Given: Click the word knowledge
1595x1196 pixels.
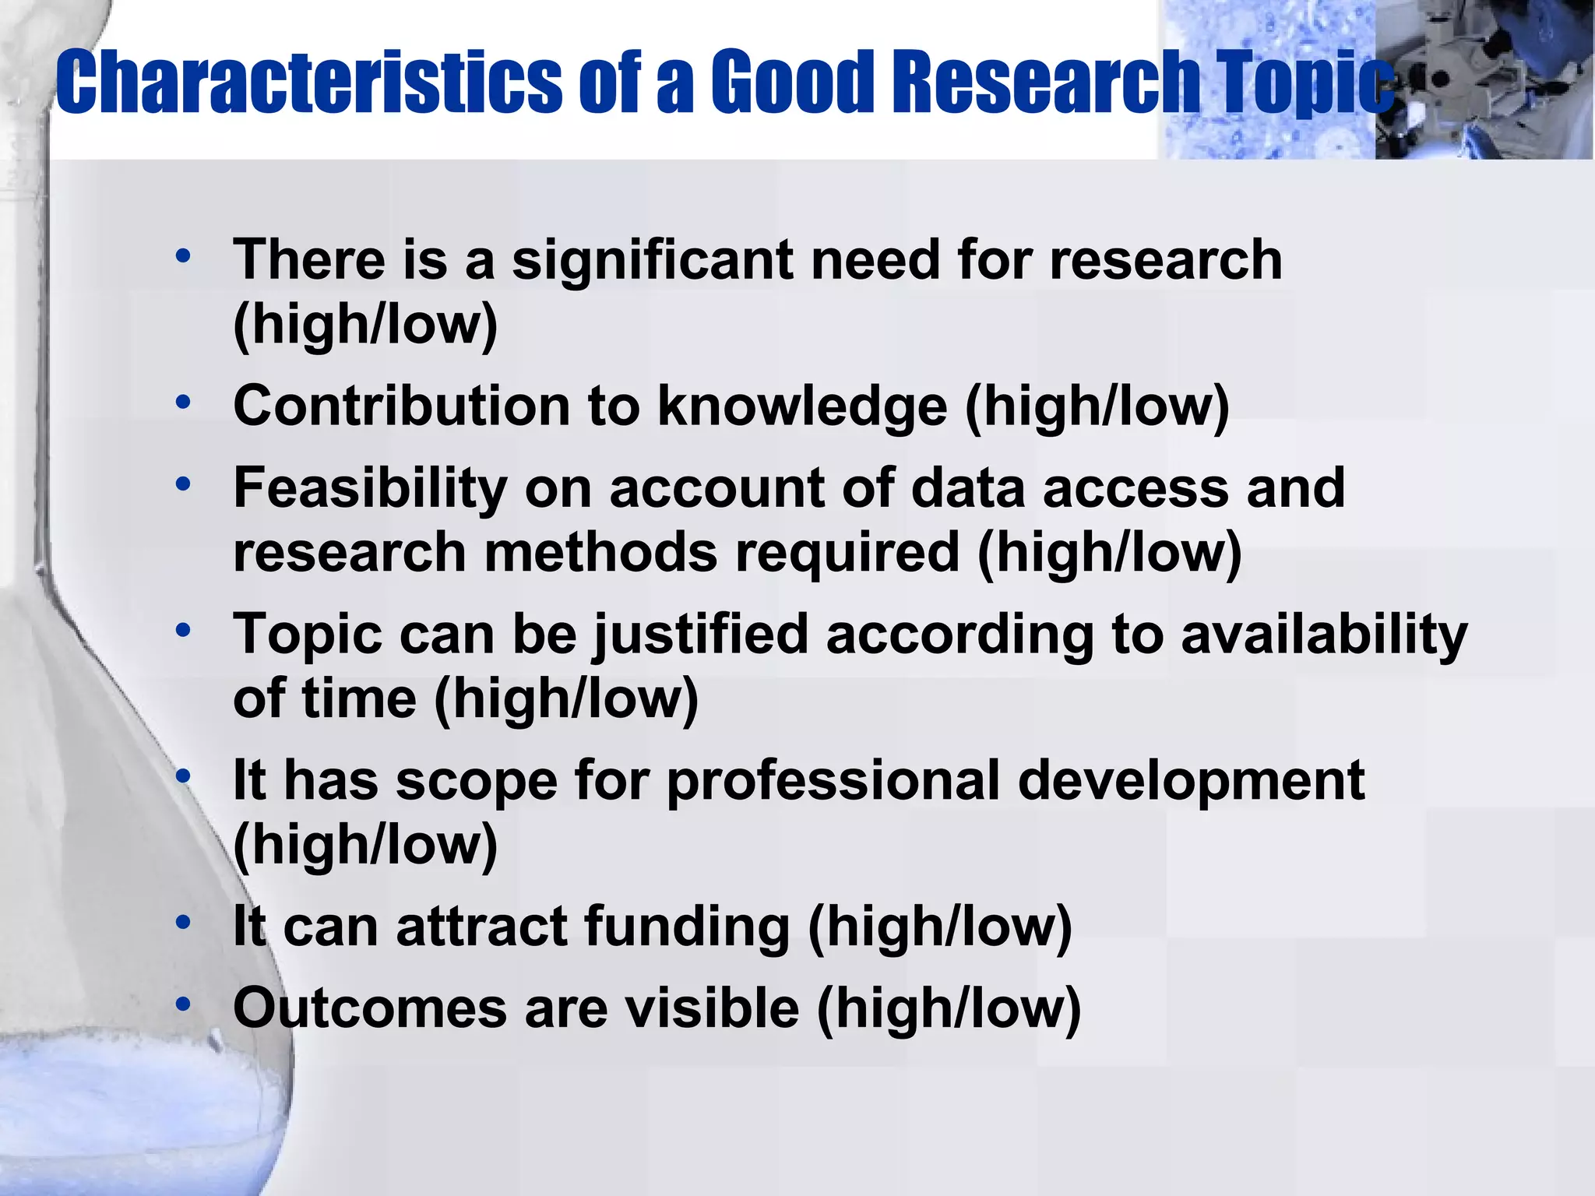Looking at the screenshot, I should pyautogui.click(x=802, y=407).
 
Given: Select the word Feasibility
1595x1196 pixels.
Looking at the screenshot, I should pyautogui.click(x=371, y=488).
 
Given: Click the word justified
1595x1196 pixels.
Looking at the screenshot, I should pyautogui.click(x=700, y=635).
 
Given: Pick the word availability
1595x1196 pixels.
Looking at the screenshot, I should pyautogui.click(x=1324, y=635).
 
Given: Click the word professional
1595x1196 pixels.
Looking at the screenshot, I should pyautogui.click(x=833, y=781).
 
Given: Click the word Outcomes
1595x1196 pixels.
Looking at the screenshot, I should pyautogui.click(x=370, y=1008).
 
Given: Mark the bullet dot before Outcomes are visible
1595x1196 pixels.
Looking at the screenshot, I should pyautogui.click(x=183, y=1004).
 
